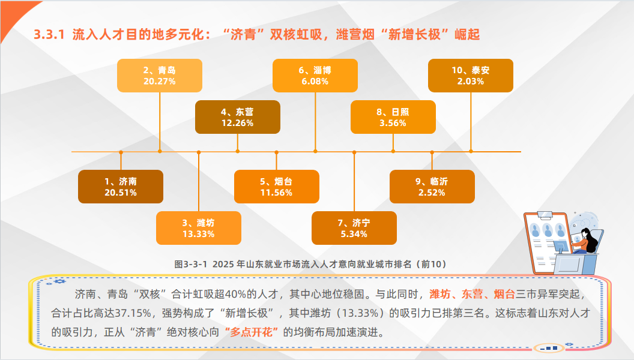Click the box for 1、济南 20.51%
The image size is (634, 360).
pyautogui.click(x=121, y=187)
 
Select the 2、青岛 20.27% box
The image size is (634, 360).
pyautogui.click(x=160, y=76)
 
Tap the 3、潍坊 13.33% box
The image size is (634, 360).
pyautogui.click(x=199, y=228)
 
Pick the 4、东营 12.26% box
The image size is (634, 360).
pyautogui.click(x=238, y=117)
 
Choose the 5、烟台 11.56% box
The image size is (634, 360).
pyautogui.click(x=277, y=187)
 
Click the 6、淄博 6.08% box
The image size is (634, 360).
pyautogui.click(x=315, y=76)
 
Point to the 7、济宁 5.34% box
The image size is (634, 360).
pyautogui.click(x=354, y=228)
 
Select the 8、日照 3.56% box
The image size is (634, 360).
pyautogui.click(x=393, y=117)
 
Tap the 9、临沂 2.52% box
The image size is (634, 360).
pyautogui.click(x=432, y=187)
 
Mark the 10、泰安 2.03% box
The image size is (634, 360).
pyautogui.click(x=471, y=76)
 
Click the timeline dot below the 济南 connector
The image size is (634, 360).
pyautogui.click(x=121, y=152)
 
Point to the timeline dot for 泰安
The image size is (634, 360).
pyautogui.click(x=471, y=152)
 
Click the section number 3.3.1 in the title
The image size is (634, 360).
pyautogui.click(x=49, y=35)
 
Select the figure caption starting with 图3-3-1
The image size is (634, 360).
pyautogui.click(x=310, y=264)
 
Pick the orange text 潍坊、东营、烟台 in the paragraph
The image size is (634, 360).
pyautogui.click(x=472, y=294)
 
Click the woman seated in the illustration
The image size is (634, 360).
pyautogui.click(x=585, y=242)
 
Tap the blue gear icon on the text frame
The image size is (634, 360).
pyautogui.click(x=59, y=281)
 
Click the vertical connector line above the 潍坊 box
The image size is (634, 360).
pyautogui.click(x=199, y=182)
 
